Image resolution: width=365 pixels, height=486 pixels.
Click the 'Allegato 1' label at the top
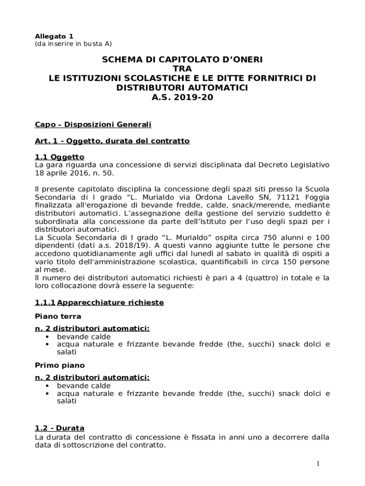pyautogui.click(x=54, y=36)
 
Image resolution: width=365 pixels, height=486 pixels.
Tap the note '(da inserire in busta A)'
pyautogui.click(x=73, y=44)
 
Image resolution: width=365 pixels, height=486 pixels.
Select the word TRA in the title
pyautogui.click(x=182, y=68)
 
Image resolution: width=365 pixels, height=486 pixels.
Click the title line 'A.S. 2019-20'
pyautogui.click(x=182, y=97)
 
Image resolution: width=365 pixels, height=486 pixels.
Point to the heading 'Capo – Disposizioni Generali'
pyautogui.click(x=93, y=124)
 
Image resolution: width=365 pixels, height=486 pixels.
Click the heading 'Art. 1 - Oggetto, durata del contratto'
pyautogui.click(x=112, y=141)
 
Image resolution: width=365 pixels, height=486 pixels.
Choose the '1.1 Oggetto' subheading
pyautogui.click(x=60, y=157)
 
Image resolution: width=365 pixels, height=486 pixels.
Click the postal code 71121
pyautogui.click(x=291, y=197)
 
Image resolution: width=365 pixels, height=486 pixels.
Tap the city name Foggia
pyautogui.click(x=317, y=197)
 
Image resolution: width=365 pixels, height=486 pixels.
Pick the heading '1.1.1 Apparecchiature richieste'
pyautogui.click(x=100, y=302)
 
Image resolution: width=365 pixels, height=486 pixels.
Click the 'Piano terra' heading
pyautogui.click(x=58, y=316)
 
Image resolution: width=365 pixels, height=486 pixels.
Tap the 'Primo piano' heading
pyautogui.click(x=60, y=365)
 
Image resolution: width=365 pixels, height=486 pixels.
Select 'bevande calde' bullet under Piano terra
pyautogui.click(x=84, y=336)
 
